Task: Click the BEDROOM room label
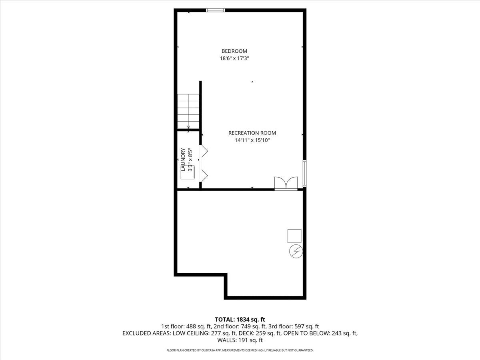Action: point(234,51)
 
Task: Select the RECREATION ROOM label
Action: point(252,133)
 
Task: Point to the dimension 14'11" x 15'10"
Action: point(252,140)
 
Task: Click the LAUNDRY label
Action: point(183,160)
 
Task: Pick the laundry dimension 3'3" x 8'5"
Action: point(190,160)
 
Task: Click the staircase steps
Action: point(188,110)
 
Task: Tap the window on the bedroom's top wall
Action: point(215,10)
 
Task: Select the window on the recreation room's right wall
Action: point(305,173)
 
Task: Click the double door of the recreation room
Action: point(286,183)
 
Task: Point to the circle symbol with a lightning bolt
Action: point(296,251)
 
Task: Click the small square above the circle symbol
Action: point(294,236)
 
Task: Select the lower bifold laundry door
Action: point(204,175)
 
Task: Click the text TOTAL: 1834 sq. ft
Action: point(240,319)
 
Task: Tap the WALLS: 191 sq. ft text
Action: point(240,340)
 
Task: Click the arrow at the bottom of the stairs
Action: point(188,127)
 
